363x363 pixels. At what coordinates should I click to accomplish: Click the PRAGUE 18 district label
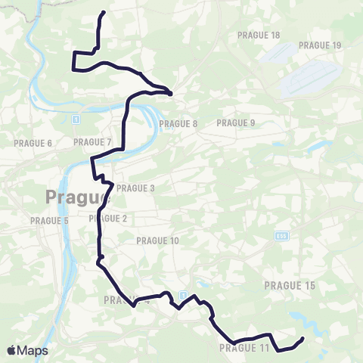pyautogui.click(x=258, y=36)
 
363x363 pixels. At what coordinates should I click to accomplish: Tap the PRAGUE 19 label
pyautogui.click(x=319, y=45)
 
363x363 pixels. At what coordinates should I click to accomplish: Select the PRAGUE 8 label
pyautogui.click(x=178, y=123)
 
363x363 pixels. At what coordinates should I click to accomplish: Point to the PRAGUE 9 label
pyautogui.click(x=236, y=123)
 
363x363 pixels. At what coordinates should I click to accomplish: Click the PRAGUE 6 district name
pyautogui.click(x=33, y=143)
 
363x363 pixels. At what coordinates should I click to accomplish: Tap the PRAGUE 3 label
pyautogui.click(x=136, y=188)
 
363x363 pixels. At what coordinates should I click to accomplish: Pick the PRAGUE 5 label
pyautogui.click(x=50, y=221)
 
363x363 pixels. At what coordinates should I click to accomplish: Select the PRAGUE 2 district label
pyautogui.click(x=108, y=219)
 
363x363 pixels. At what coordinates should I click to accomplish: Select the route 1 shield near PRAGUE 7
pyautogui.click(x=76, y=119)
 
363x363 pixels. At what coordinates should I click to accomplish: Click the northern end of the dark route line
pyautogui.click(x=104, y=13)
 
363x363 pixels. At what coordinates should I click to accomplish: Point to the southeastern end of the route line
pyautogui.click(x=302, y=338)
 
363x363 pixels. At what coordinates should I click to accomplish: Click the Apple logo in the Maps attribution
pyautogui.click(x=11, y=350)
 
